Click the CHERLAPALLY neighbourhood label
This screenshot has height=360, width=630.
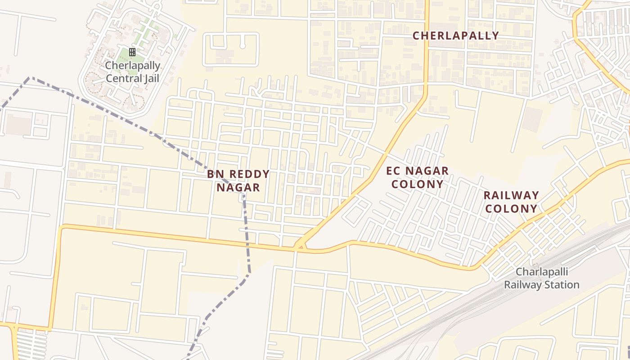(455, 36)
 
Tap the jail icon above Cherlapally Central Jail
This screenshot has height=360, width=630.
(132, 52)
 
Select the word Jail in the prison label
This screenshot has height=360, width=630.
(150, 78)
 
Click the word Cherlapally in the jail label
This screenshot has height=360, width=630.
(132, 66)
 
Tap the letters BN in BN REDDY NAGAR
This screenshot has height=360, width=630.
(215, 174)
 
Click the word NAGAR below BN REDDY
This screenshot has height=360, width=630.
(238, 188)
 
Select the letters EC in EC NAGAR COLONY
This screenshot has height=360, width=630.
(394, 171)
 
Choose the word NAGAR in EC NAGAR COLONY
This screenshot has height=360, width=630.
(427, 171)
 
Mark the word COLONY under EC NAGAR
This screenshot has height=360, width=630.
(417, 184)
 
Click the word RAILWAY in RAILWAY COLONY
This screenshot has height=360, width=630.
(511, 195)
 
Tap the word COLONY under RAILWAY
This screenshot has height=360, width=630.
(511, 209)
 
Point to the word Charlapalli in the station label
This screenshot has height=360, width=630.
(542, 272)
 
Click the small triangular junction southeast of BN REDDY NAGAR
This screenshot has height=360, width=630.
(299, 246)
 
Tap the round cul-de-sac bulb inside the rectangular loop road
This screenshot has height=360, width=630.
(243, 46)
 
